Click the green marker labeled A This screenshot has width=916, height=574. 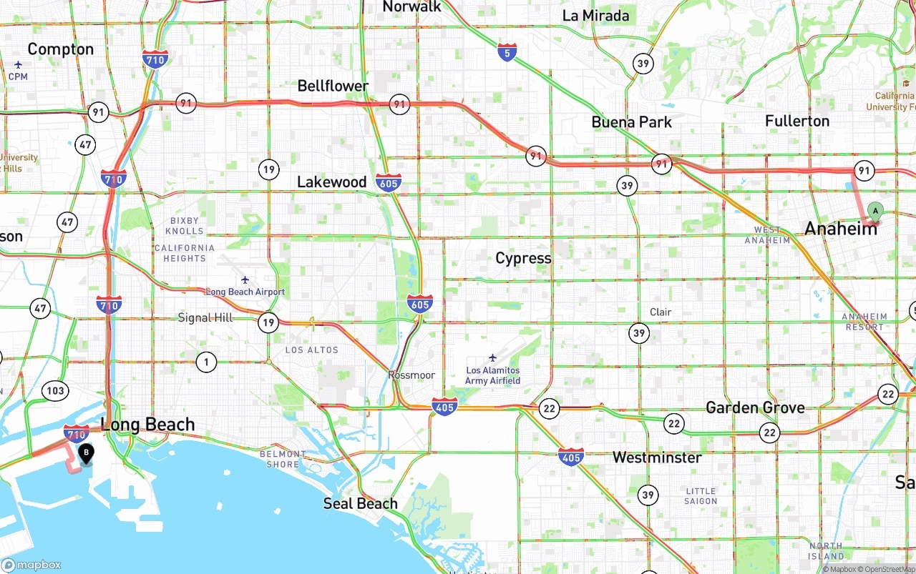click(874, 210)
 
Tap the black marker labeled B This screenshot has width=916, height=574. click(86, 452)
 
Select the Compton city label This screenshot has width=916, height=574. click(61, 49)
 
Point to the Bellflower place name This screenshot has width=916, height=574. click(333, 86)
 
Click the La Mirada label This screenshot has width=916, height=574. click(595, 16)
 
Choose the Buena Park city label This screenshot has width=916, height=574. click(631, 122)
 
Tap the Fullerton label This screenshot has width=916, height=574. click(797, 121)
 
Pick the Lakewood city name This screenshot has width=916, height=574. click(331, 182)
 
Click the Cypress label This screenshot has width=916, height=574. click(523, 258)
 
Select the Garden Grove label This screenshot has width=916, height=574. click(755, 407)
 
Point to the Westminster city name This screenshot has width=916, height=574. click(657, 457)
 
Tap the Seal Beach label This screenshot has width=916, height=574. click(360, 503)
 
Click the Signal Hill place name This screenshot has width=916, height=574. click(205, 317)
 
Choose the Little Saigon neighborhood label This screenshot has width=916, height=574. click(701, 495)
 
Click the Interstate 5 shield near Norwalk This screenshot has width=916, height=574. click(507, 51)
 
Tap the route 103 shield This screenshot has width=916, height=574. click(55, 390)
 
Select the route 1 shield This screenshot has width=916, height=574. click(206, 362)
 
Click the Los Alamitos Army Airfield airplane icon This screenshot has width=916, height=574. click(492, 357)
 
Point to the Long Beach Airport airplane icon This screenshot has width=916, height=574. click(245, 279)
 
